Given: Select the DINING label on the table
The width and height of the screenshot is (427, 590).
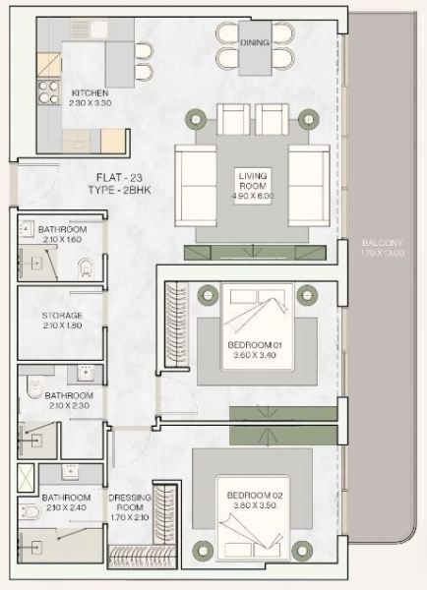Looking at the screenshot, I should (255, 43).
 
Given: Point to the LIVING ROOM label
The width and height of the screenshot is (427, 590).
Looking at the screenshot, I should (253, 180).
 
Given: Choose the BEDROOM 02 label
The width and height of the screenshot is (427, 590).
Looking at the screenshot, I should (254, 494).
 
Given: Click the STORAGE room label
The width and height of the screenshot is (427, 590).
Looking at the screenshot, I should (61, 316).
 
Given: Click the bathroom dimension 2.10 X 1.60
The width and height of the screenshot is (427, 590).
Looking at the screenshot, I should (61, 238).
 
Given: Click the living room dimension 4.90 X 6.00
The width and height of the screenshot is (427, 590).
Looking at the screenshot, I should (253, 195).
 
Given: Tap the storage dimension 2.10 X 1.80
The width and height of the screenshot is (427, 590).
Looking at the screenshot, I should (61, 325).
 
